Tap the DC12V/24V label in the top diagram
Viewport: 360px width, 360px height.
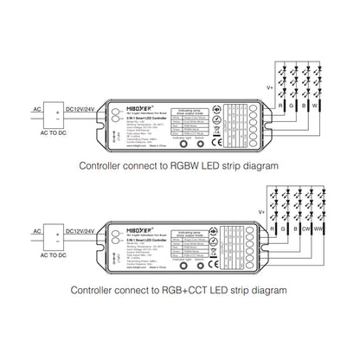click(x=81, y=109)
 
